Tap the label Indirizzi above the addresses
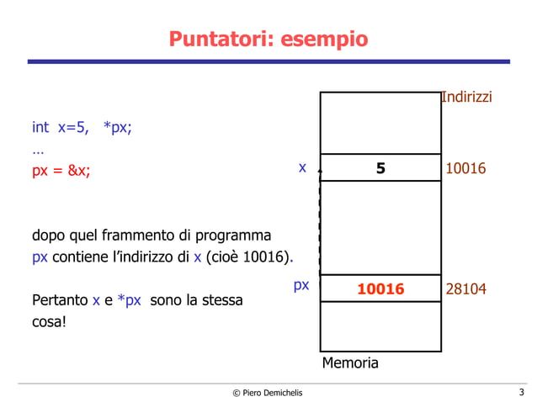[x=466, y=98]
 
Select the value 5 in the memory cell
[x=380, y=168]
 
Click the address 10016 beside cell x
[x=465, y=169]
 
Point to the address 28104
[x=465, y=289]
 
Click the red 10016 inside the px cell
[x=380, y=289]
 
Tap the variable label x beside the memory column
[x=302, y=168]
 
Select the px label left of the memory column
[x=301, y=285]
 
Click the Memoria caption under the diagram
[x=350, y=363]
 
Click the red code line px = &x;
[x=61, y=171]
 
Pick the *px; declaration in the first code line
[x=117, y=128]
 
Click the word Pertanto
[x=60, y=299]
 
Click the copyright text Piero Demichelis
[x=267, y=393]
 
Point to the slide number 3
[x=522, y=392]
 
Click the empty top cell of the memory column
[x=380, y=123]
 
